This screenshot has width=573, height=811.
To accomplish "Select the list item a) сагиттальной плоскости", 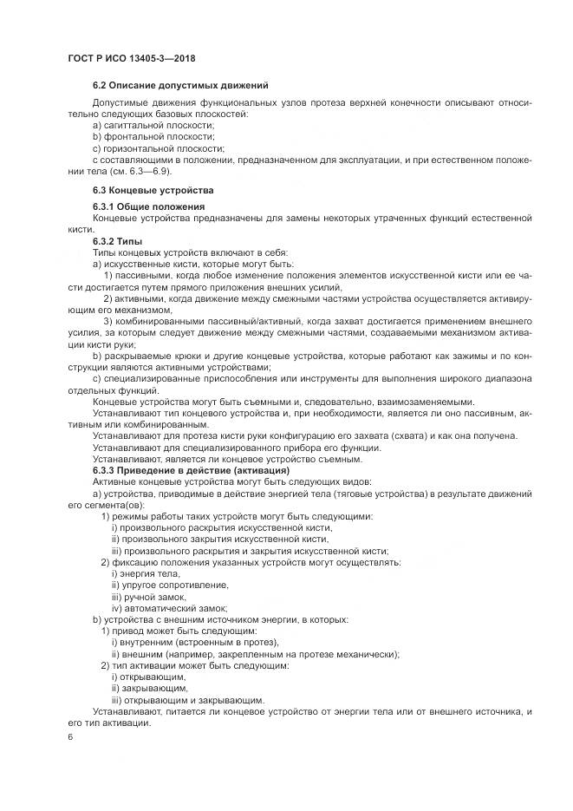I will [147, 125].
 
